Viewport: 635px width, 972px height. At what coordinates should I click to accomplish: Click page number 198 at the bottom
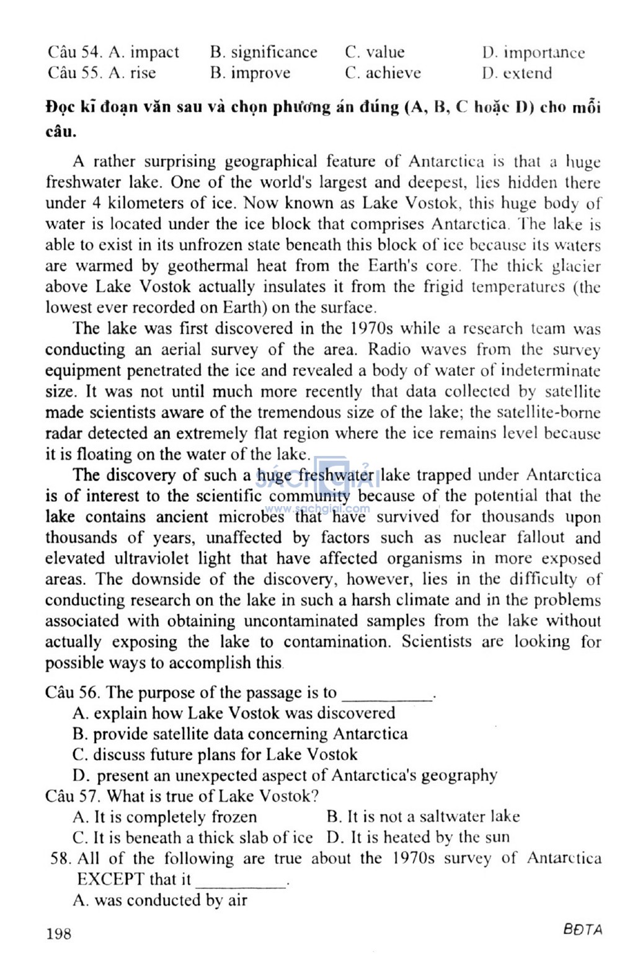pos(58,933)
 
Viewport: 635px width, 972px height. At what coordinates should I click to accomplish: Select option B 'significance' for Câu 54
pos(264,52)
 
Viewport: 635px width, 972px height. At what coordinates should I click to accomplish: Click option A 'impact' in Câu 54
pos(144,52)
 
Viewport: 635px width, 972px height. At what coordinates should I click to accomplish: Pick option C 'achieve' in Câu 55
pos(383,73)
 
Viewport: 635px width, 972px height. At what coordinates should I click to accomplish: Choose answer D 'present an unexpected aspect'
pos(285,775)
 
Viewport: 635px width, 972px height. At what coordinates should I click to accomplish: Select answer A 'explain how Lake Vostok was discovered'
pos(234,713)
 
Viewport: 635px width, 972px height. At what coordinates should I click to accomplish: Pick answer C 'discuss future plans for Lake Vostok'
pos(215,755)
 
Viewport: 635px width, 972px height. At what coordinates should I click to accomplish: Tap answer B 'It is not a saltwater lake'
pos(423,817)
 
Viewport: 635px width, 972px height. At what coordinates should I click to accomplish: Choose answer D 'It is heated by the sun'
pos(418,838)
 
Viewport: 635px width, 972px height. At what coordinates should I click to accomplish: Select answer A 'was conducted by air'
pos(160,901)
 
